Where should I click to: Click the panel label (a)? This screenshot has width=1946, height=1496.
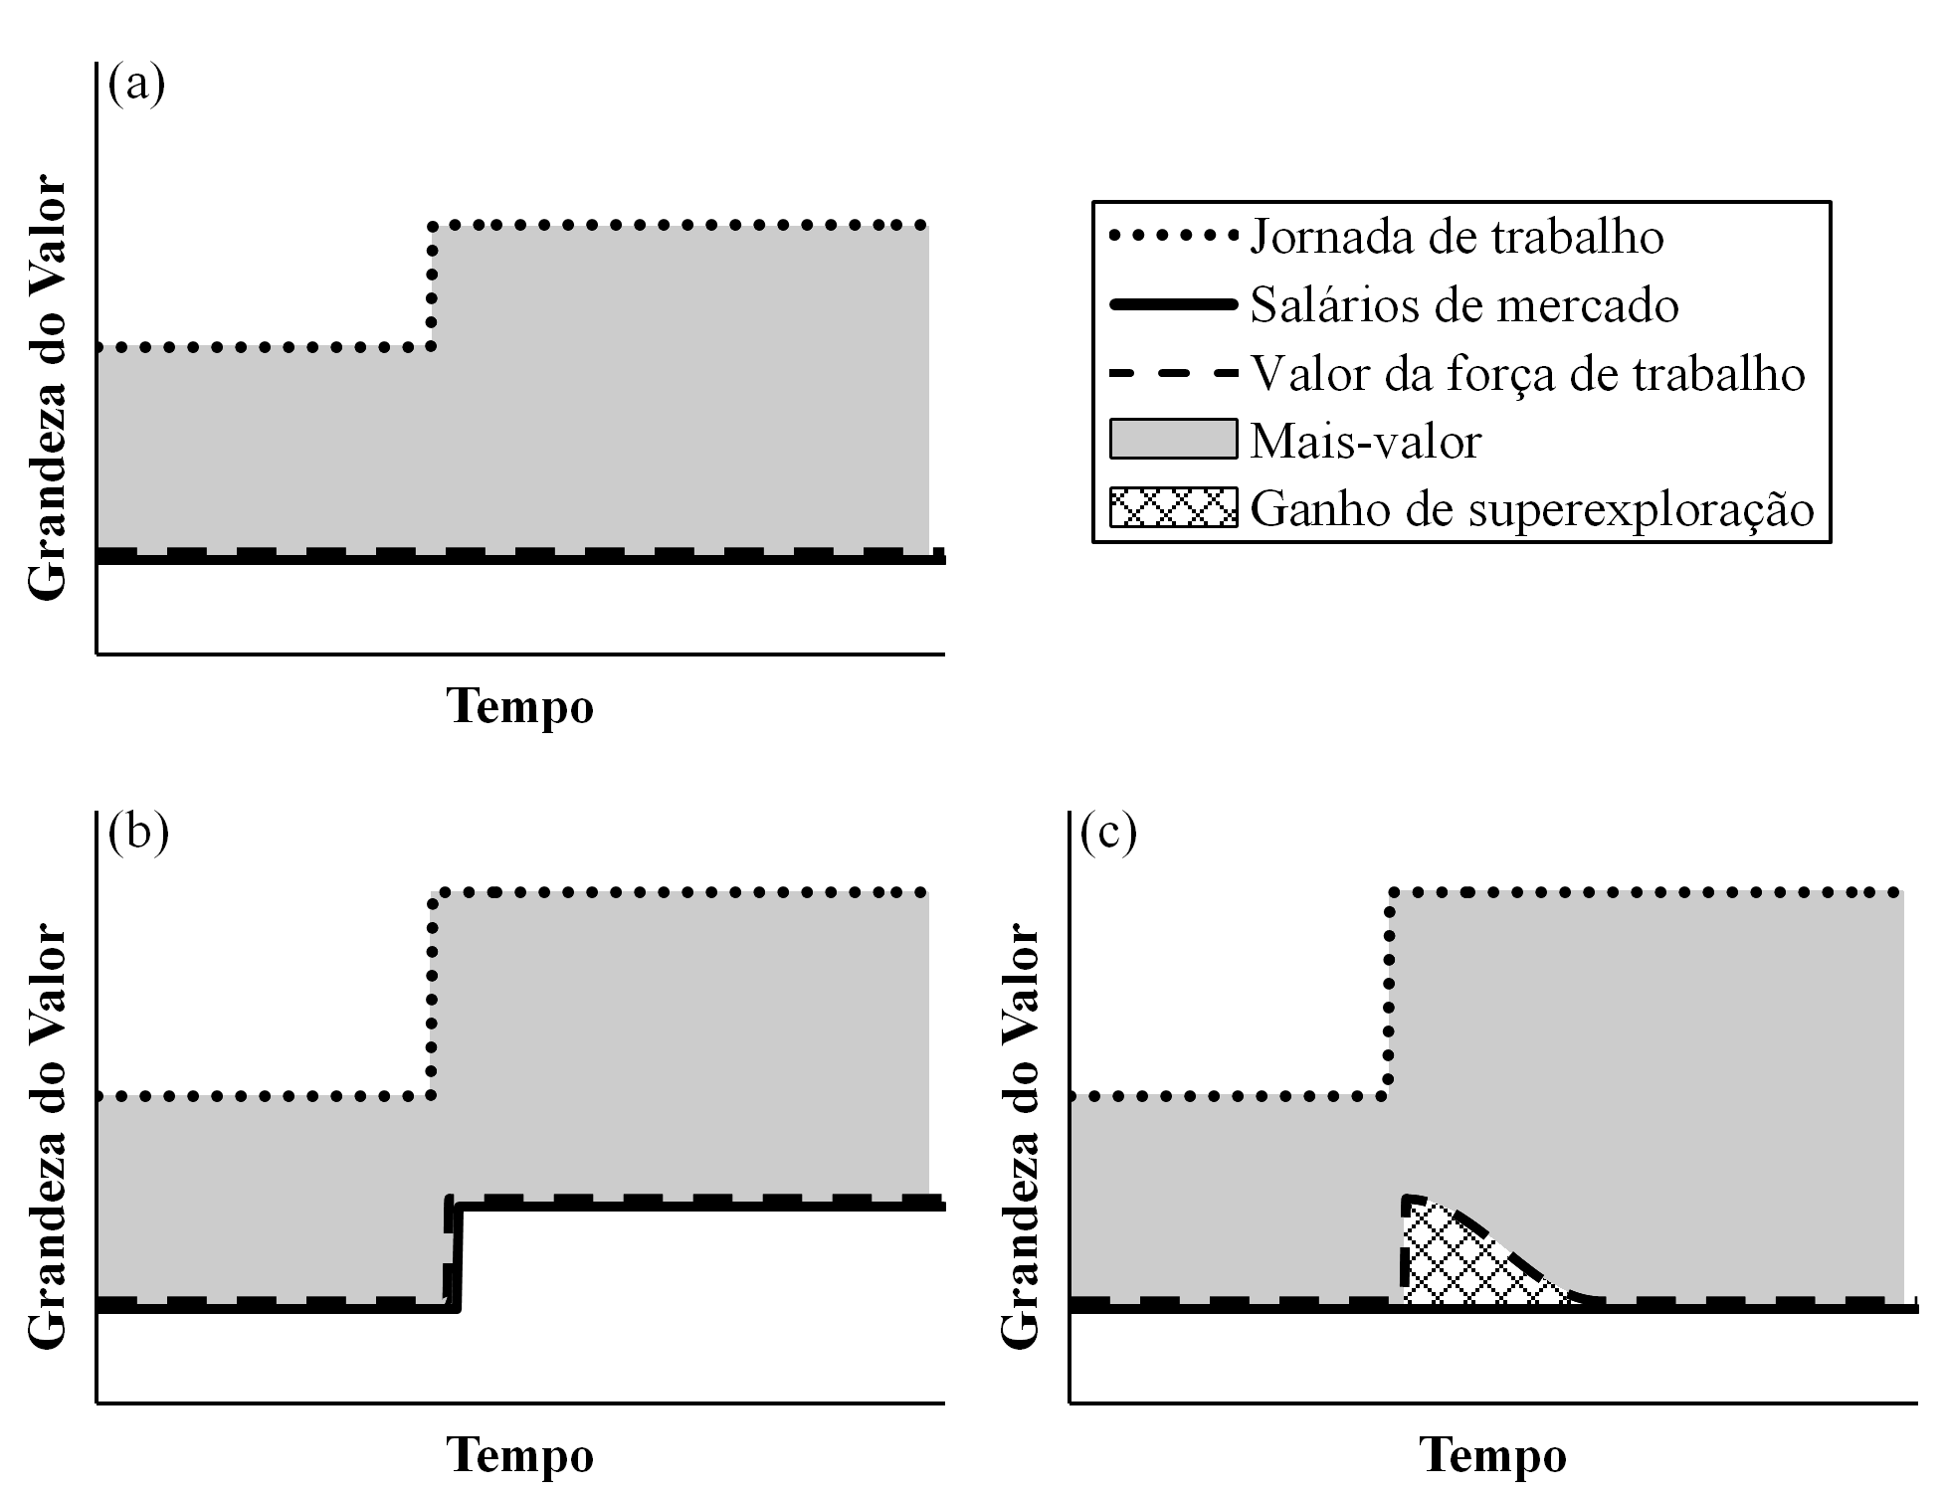pyautogui.click(x=136, y=84)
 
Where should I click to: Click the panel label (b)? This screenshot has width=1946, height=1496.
pyautogui.click(x=138, y=832)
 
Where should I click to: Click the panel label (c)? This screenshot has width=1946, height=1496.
pyautogui.click(x=1108, y=832)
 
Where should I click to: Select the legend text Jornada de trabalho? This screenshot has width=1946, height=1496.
pyautogui.click(x=1457, y=237)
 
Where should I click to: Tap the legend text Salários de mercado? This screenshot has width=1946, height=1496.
pyautogui.click(x=1463, y=304)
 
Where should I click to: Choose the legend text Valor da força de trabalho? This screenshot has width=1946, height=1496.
pyautogui.click(x=1527, y=374)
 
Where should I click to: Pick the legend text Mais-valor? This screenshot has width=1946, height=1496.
pyautogui.click(x=1365, y=441)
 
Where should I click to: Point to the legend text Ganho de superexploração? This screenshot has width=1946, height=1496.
pyautogui.click(x=1532, y=508)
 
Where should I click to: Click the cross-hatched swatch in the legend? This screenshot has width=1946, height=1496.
pyautogui.click(x=1173, y=507)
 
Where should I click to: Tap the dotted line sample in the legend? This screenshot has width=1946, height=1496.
pyautogui.click(x=1173, y=237)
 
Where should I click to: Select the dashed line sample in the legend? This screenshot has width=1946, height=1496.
pyautogui.click(x=1173, y=374)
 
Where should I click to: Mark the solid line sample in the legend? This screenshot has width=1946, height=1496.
pyautogui.click(x=1173, y=304)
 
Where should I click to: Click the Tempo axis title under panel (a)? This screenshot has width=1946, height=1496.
pyautogui.click(x=520, y=706)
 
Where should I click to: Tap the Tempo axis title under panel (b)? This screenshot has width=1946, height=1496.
pyautogui.click(x=520, y=1455)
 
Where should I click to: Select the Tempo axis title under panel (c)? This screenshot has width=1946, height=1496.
pyautogui.click(x=1492, y=1455)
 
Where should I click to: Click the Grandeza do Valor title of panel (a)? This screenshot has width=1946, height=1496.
pyautogui.click(x=47, y=389)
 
